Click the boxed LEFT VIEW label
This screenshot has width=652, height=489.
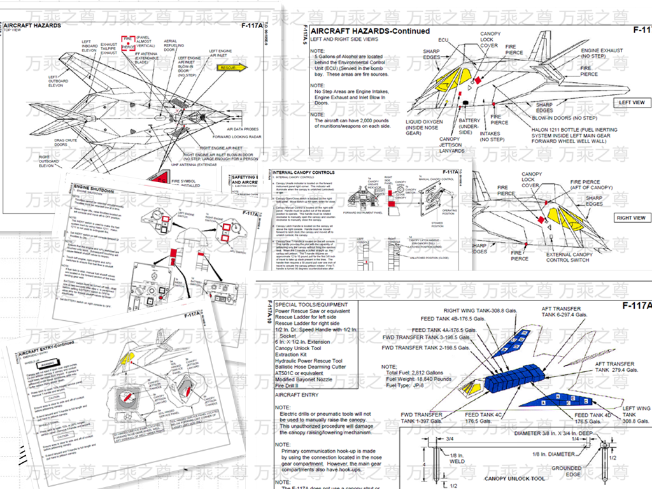(632, 103)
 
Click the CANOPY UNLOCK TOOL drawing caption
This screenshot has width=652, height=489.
(514, 478)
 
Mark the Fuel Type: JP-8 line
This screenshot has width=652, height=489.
(408, 385)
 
